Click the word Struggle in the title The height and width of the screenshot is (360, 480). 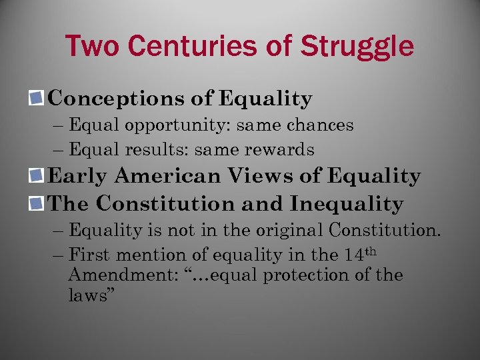[x=357, y=46]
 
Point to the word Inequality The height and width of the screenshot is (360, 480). [x=347, y=203]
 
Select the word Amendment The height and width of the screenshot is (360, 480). [x=117, y=275]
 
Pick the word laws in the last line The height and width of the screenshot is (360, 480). [x=89, y=295]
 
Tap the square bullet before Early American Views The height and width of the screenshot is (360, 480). [x=37, y=177]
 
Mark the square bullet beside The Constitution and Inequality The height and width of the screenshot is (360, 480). [x=37, y=203]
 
